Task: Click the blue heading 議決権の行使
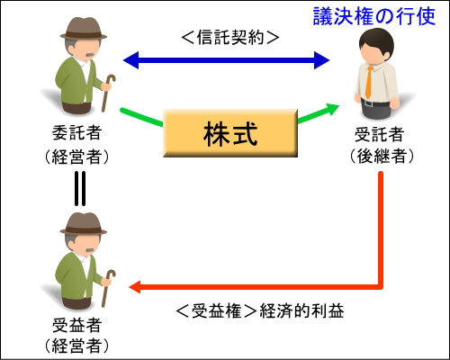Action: click(374, 16)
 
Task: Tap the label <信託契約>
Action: click(230, 38)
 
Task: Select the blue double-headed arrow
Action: click(227, 60)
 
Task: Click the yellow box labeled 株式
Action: click(230, 133)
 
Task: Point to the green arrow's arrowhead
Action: click(331, 109)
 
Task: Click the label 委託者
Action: click(76, 133)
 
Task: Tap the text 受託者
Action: click(379, 134)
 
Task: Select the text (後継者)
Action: click(382, 156)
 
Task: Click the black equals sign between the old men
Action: click(80, 188)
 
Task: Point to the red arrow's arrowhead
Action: click(135, 287)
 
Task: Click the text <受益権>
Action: click(215, 310)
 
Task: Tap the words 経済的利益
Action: click(301, 310)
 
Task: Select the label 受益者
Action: click(76, 325)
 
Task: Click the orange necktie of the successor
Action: click(369, 83)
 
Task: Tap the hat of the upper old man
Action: click(84, 29)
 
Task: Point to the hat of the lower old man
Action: click(84, 224)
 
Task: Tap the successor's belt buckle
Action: click(368, 103)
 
